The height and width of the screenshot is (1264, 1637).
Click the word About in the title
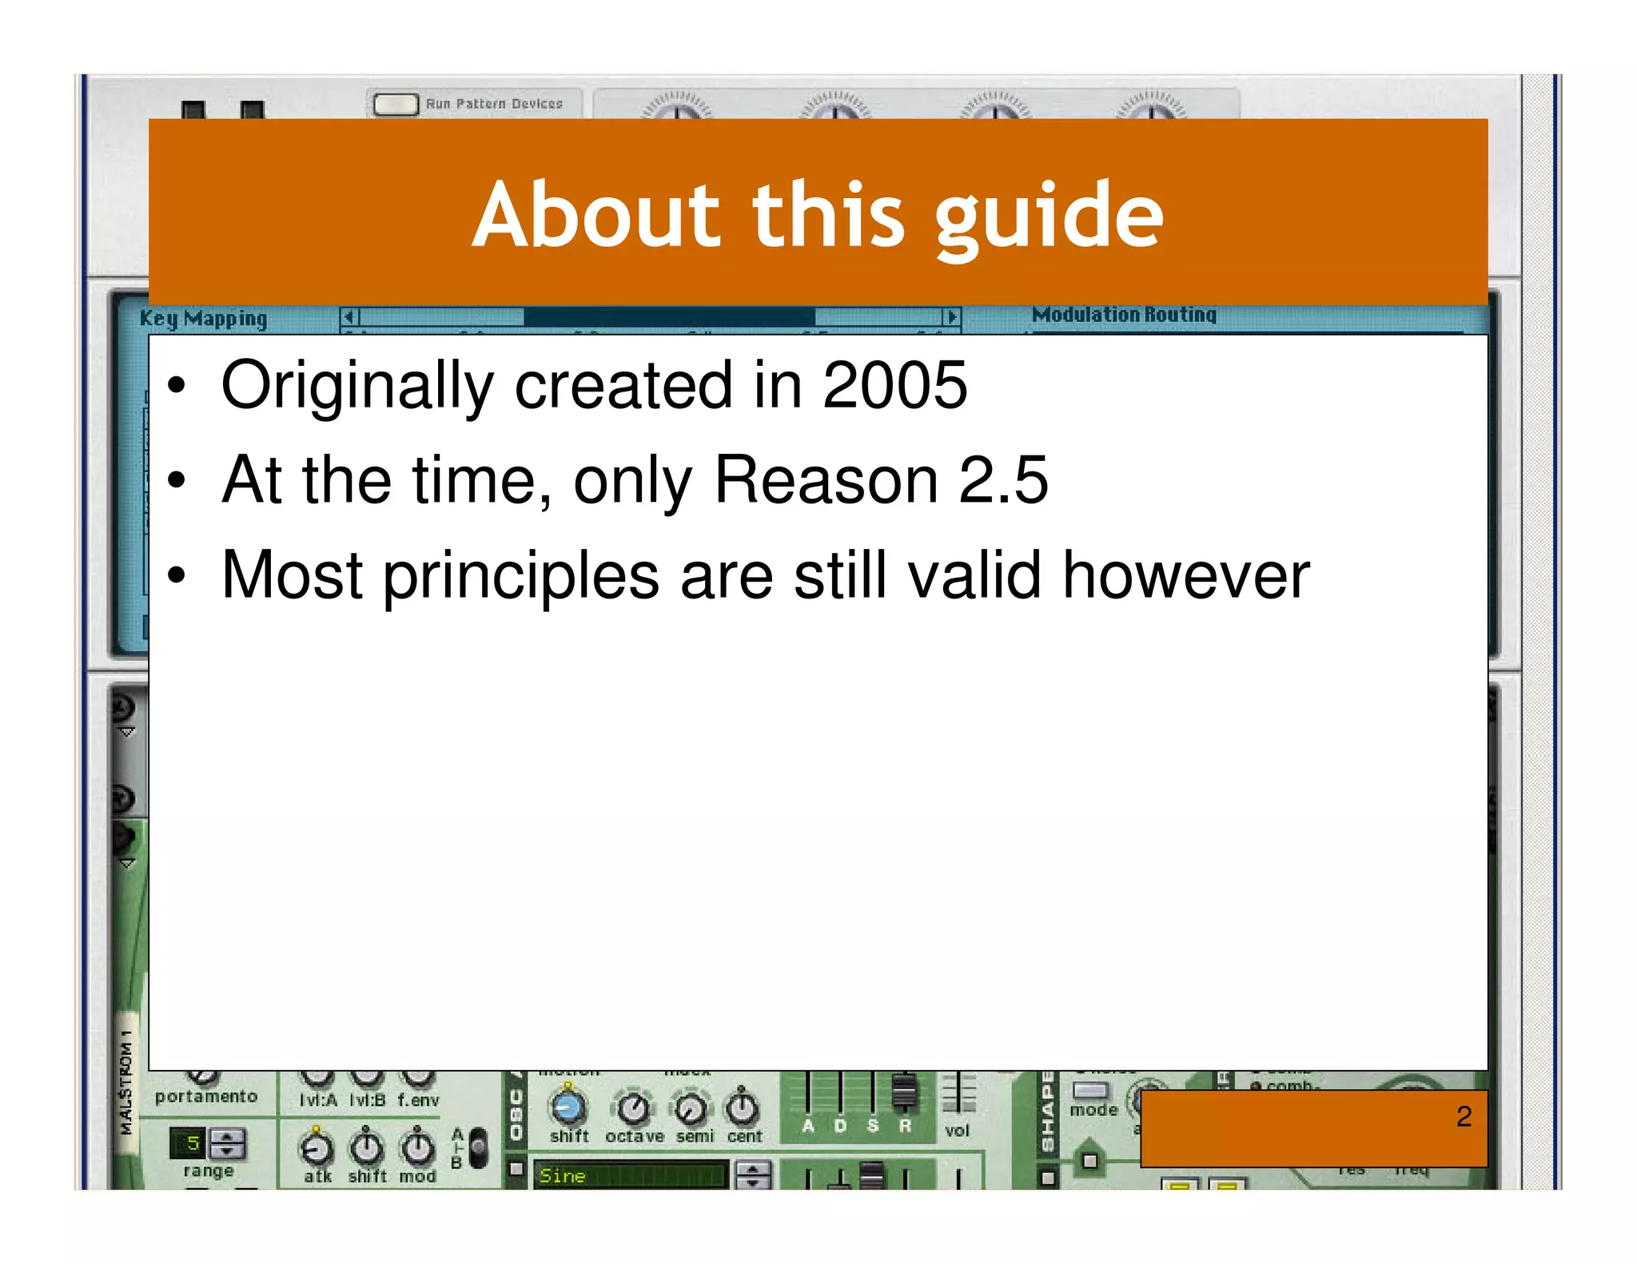tap(597, 214)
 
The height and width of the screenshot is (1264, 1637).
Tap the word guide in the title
tap(1049, 216)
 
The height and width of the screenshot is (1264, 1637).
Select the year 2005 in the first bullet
tap(894, 385)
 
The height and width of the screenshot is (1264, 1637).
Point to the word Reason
tap(826, 480)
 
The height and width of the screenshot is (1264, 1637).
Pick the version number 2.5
tap(1003, 480)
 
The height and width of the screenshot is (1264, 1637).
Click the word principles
tap(521, 577)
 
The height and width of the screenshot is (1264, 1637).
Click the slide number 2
tap(1464, 1116)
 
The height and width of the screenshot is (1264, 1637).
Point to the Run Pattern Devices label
tap(494, 104)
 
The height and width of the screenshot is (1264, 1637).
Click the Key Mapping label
tap(203, 319)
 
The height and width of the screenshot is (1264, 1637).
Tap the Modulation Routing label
tap(1124, 315)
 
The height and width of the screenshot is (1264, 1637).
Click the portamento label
tap(206, 1097)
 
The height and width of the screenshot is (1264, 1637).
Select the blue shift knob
tap(568, 1107)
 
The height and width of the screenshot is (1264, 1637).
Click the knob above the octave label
tap(634, 1107)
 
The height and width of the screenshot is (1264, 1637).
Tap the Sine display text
tap(563, 1176)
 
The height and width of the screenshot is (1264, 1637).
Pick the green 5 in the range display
tap(192, 1143)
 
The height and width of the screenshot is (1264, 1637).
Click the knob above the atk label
tap(317, 1149)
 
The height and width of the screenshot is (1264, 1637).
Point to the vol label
tap(957, 1131)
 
